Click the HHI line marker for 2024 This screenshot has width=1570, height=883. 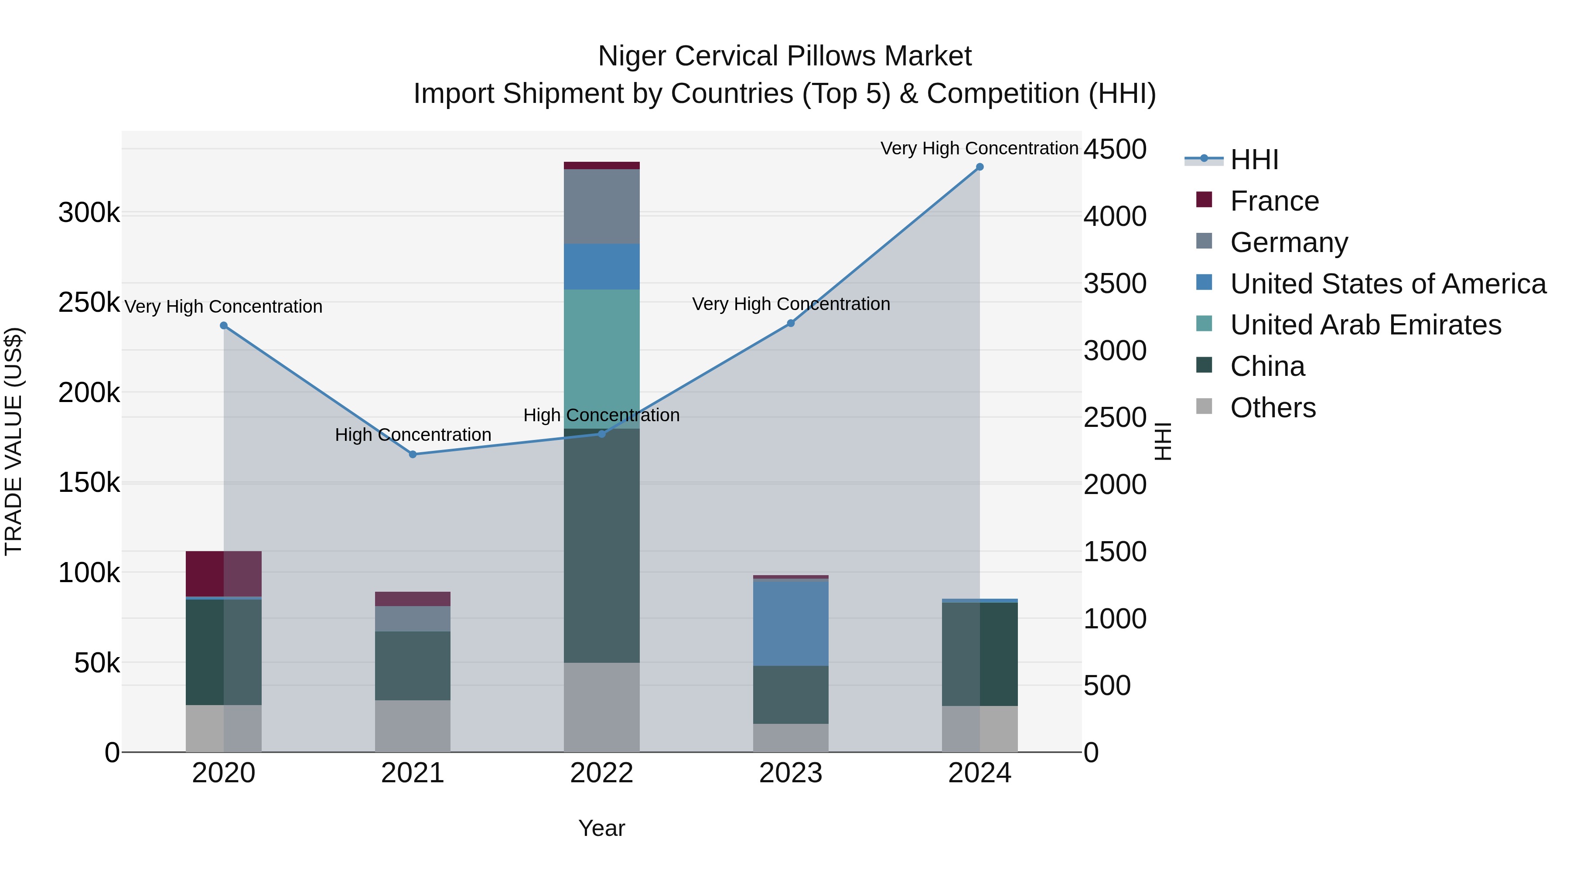(x=980, y=167)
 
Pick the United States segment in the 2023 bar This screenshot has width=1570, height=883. (x=791, y=623)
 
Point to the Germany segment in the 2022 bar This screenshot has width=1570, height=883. (x=601, y=207)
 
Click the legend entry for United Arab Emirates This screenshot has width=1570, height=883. (x=1365, y=325)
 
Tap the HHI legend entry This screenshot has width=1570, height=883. (x=1254, y=160)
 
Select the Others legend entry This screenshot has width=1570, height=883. (x=1273, y=408)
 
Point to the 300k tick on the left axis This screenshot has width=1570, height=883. (x=89, y=213)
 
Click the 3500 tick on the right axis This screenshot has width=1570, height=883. (x=1115, y=283)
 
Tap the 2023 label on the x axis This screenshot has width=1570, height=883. (x=791, y=773)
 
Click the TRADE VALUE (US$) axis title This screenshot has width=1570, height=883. (x=14, y=441)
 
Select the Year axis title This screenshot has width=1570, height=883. (x=601, y=828)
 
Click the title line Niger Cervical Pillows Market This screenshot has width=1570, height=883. (x=785, y=56)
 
